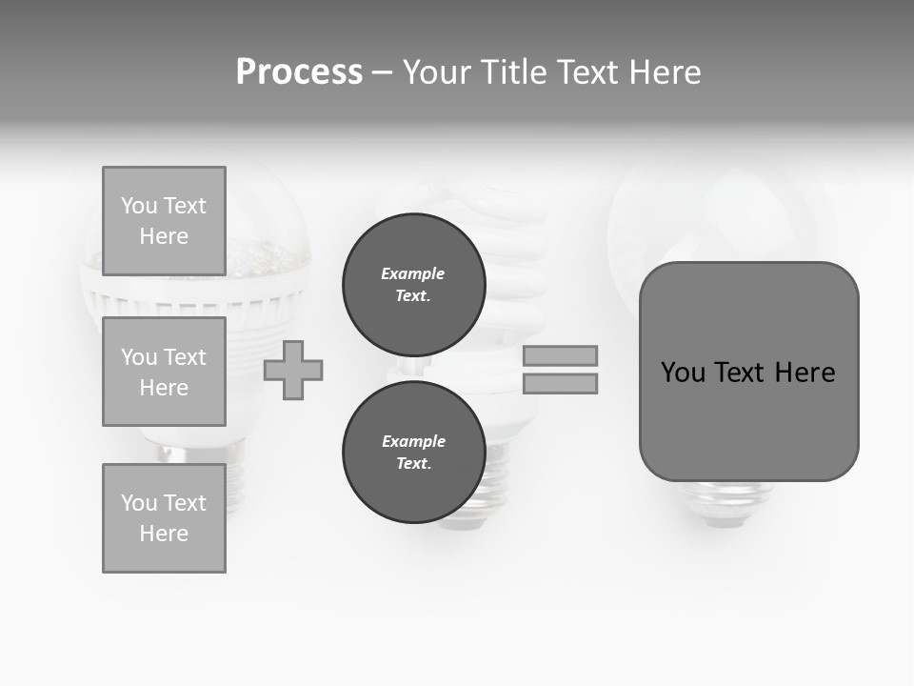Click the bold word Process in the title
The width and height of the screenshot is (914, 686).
[299, 72]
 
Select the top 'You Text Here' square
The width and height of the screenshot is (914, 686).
[164, 221]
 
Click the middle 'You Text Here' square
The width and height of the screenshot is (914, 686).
[164, 372]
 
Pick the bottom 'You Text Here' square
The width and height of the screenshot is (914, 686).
[164, 518]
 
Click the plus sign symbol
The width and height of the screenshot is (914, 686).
[293, 371]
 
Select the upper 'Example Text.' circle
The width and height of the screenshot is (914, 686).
[414, 285]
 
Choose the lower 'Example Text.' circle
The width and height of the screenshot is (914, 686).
[414, 453]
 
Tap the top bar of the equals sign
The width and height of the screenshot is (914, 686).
[560, 355]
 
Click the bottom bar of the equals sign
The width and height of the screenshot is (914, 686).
[560, 384]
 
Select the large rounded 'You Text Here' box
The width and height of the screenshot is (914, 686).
[748, 372]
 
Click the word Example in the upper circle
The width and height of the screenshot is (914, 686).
[413, 273]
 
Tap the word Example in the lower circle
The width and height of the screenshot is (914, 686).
[413, 441]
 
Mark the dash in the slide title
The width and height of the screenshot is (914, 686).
[383, 72]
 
